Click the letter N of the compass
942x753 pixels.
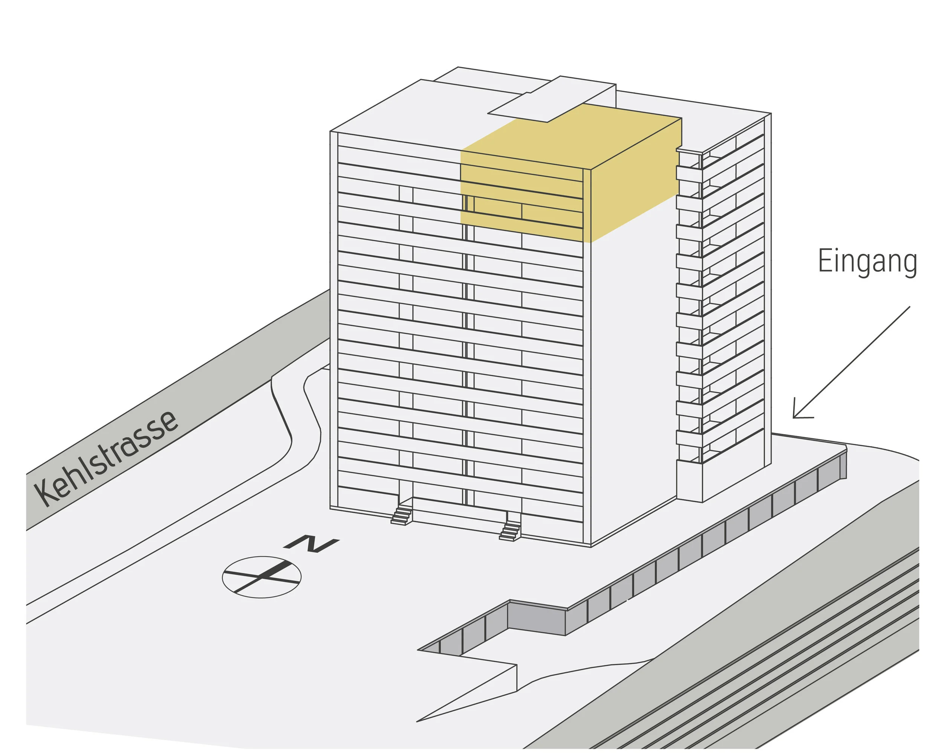[311, 543]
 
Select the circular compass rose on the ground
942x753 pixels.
[261, 577]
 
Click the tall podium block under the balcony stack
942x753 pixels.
[690, 480]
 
